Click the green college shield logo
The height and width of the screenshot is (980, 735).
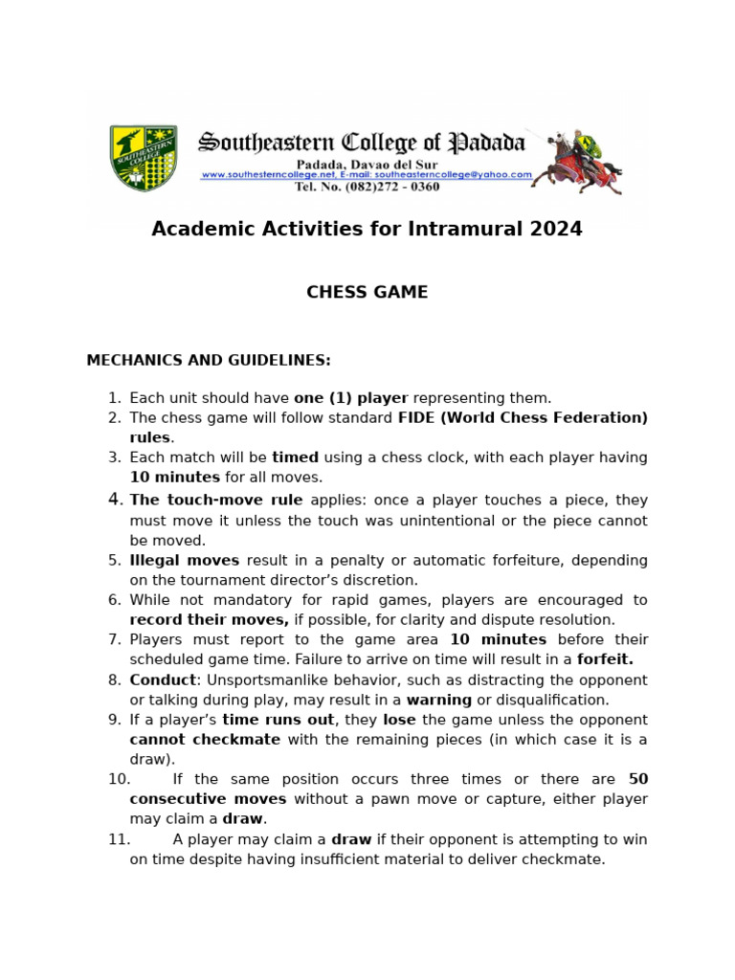point(144,158)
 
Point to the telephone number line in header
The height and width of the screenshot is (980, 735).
point(367,188)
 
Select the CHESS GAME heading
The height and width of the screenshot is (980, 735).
point(367,293)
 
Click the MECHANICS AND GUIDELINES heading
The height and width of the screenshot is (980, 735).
point(209,361)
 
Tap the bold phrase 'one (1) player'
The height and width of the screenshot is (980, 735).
point(350,398)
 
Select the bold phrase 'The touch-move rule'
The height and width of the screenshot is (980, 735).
point(216,501)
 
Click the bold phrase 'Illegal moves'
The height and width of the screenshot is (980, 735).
point(185,561)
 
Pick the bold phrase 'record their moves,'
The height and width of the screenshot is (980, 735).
point(210,620)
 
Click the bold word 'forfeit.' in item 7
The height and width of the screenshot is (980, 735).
point(605,659)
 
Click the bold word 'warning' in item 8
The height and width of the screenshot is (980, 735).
point(439,700)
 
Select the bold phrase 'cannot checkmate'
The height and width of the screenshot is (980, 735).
point(205,740)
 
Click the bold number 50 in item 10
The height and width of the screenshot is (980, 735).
point(637,780)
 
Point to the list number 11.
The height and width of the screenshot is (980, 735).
point(119,839)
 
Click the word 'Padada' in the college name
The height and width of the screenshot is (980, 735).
point(488,144)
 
